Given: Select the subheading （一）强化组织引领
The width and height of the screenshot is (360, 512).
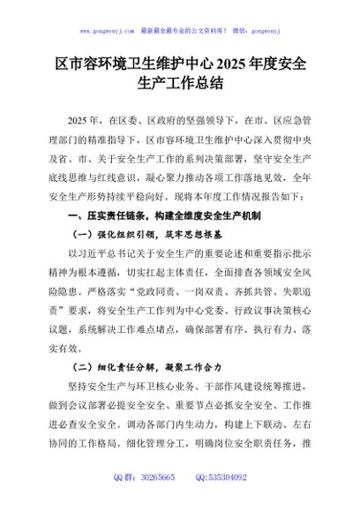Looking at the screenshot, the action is (x=117, y=235).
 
